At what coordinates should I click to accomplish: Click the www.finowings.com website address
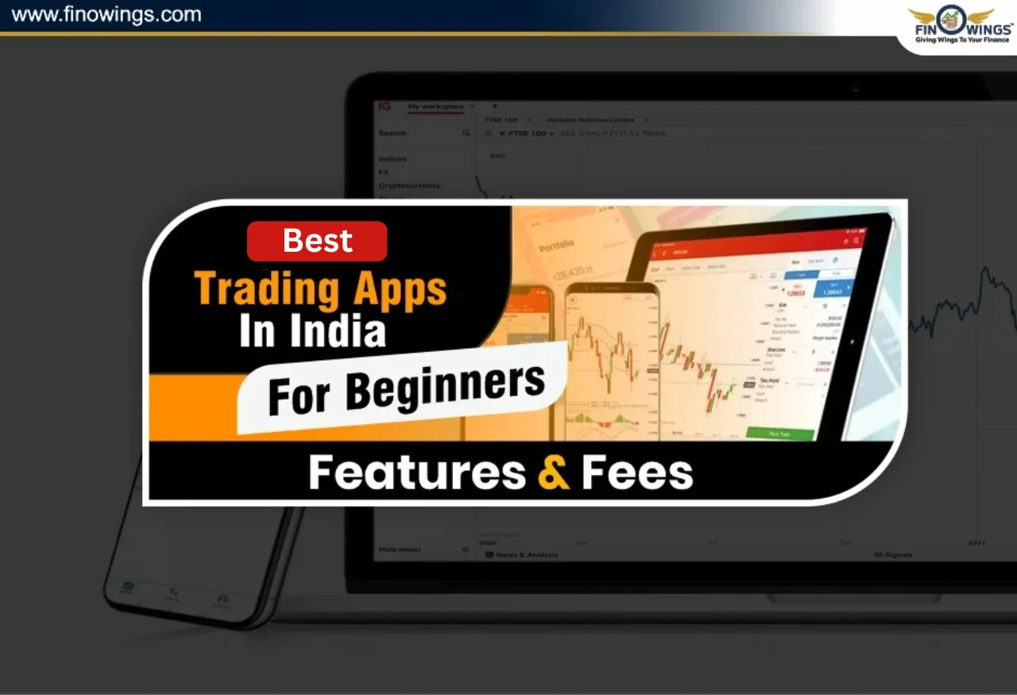coord(106,14)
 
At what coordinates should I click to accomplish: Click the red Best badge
coord(317,241)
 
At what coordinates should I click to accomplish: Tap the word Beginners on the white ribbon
coord(446,385)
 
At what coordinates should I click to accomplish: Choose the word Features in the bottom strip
coord(417,473)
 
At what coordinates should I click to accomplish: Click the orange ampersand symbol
coord(553,473)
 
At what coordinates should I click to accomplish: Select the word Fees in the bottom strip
coord(637,473)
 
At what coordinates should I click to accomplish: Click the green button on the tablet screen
coord(780,434)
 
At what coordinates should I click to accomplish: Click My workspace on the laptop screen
coord(435,106)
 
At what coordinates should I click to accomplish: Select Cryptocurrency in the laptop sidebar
coord(409,185)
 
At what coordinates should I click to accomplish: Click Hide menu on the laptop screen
coord(400,550)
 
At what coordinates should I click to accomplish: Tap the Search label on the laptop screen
coord(392,133)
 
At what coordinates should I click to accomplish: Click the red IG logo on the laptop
coord(385,106)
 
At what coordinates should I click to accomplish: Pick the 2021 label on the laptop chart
coord(976,542)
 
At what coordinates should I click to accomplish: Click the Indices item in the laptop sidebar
coord(392,159)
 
